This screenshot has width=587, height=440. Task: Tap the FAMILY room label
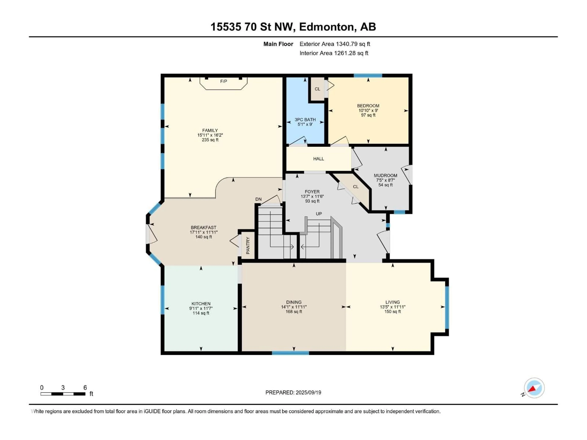click(x=210, y=130)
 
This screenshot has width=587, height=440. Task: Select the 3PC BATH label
click(x=305, y=120)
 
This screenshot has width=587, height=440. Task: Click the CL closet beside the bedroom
click(x=317, y=89)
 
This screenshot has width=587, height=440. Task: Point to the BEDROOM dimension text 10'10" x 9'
click(x=368, y=110)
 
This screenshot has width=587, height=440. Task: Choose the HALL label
click(x=318, y=159)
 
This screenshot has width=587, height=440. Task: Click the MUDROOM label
click(x=385, y=175)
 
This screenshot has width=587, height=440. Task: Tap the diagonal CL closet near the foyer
click(x=356, y=187)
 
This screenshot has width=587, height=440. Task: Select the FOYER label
click(x=312, y=191)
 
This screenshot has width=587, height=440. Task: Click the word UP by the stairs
click(x=319, y=214)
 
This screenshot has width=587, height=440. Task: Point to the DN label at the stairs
click(x=258, y=199)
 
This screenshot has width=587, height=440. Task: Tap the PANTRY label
click(x=248, y=246)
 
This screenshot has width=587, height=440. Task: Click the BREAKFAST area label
click(x=204, y=227)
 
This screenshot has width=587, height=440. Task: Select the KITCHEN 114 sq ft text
click(x=201, y=313)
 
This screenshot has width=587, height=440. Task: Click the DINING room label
click(x=294, y=302)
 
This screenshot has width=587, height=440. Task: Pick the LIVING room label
click(x=393, y=302)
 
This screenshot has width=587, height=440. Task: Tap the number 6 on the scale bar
click(x=85, y=387)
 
